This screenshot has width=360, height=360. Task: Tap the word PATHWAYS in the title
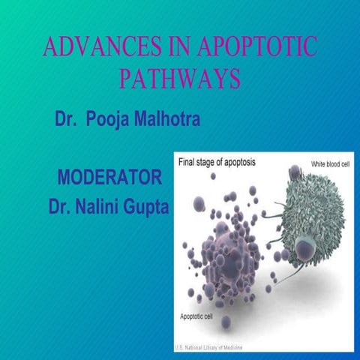pos(180,79)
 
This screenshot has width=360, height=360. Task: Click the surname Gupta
pos(145,204)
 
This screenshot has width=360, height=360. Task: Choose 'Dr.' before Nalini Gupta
pos(59,204)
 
